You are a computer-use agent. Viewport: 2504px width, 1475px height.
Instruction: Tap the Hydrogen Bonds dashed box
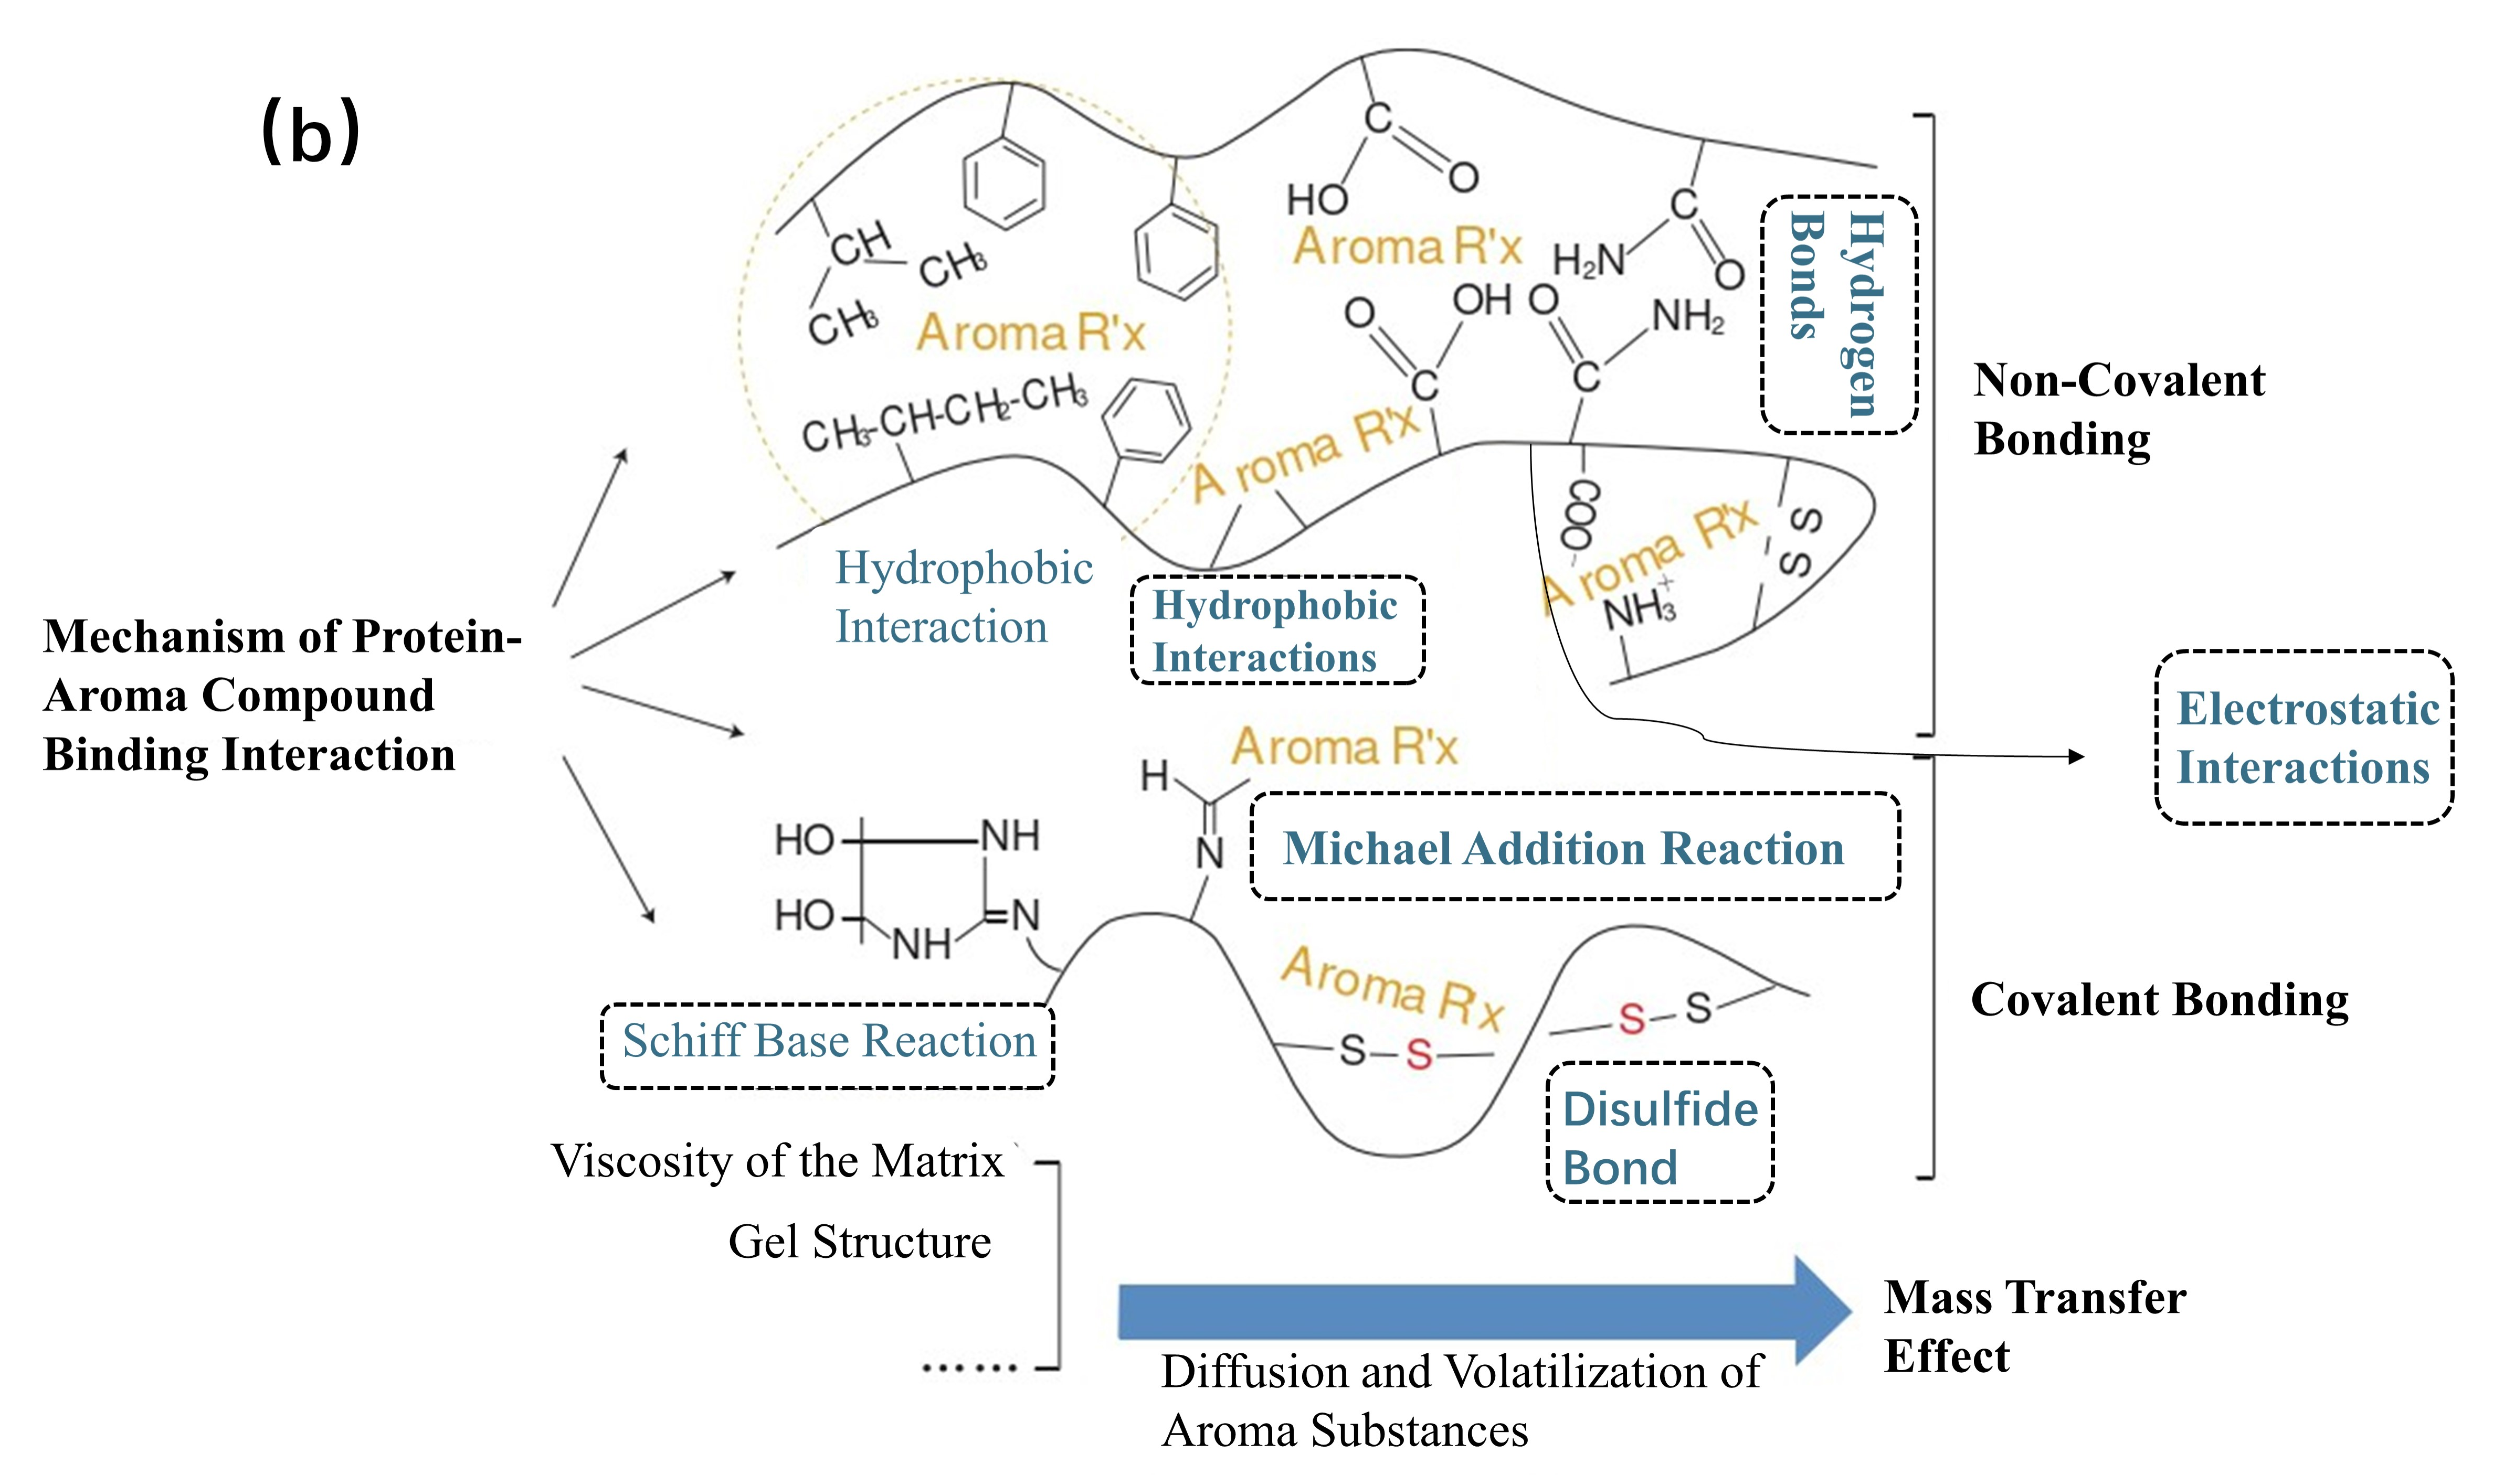[1839, 314]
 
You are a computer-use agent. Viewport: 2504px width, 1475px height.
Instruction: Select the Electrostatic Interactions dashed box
[2304, 737]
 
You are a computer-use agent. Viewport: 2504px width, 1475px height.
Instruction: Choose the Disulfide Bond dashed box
[1660, 1133]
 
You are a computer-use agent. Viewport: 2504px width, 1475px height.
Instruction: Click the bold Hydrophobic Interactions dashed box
[1277, 630]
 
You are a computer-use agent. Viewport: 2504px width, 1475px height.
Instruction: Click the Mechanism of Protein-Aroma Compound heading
[281, 695]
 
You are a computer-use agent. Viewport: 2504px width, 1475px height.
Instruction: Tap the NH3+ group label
[1640, 607]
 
